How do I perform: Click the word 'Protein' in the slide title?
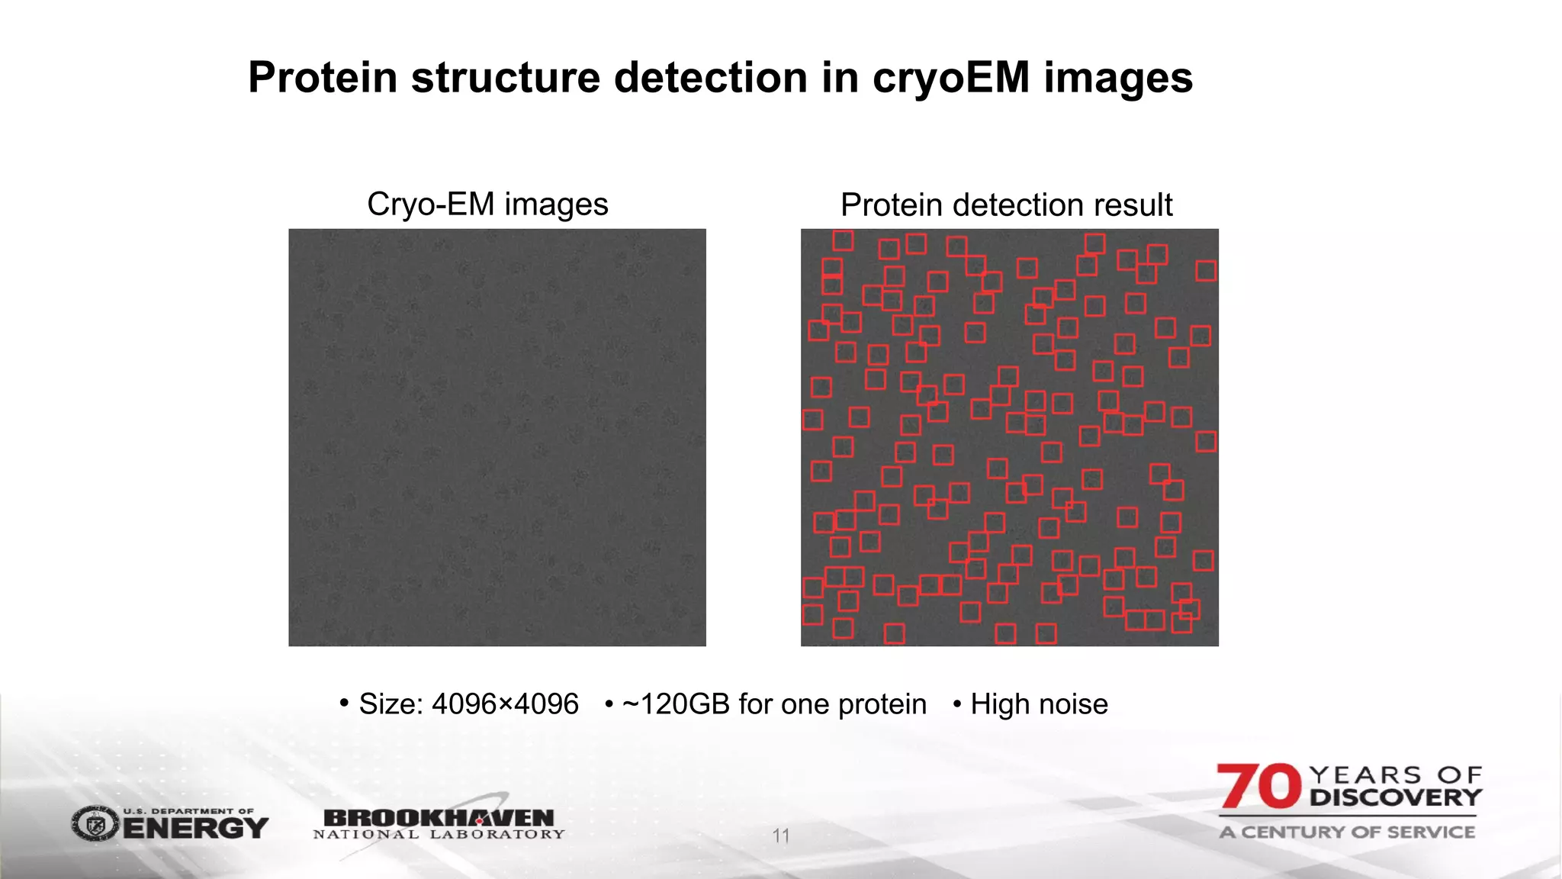[323, 78]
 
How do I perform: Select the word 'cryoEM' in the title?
[951, 79]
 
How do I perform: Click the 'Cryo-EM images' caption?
[487, 204]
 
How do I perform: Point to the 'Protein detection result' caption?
[1006, 204]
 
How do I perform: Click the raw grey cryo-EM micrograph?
[497, 437]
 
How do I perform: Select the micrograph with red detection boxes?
[1009, 437]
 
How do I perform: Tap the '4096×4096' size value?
[505, 704]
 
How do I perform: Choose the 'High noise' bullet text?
[1039, 704]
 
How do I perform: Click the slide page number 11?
[780, 836]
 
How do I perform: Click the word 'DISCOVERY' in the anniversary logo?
[1395, 798]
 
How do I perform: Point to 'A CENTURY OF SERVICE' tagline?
[1347, 832]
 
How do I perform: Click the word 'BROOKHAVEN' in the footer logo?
[439, 817]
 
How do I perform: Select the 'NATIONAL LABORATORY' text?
[439, 835]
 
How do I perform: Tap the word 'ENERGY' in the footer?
[196, 828]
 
